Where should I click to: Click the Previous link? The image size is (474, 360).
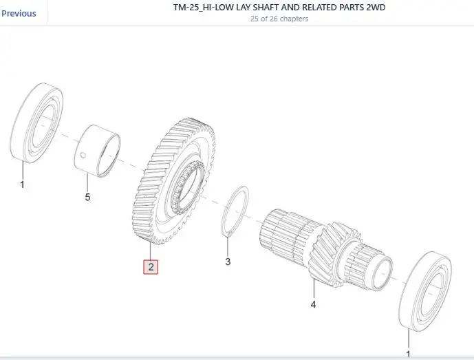[x=19, y=14]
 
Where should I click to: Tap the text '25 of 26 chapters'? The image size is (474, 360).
[x=279, y=19]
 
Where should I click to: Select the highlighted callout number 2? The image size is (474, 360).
[x=151, y=267]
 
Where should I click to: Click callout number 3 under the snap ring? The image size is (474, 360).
[x=228, y=262]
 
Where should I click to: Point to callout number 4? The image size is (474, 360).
[x=313, y=304]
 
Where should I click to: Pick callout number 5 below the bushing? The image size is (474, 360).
[x=87, y=198]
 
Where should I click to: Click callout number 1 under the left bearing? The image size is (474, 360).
[x=22, y=184]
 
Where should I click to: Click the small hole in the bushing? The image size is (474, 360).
[x=83, y=156]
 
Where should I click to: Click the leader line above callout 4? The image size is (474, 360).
[x=314, y=288]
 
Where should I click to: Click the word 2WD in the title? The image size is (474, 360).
[x=376, y=8]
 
